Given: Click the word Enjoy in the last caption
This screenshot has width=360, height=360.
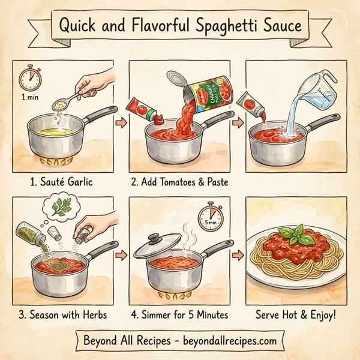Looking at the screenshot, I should [320, 314].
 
